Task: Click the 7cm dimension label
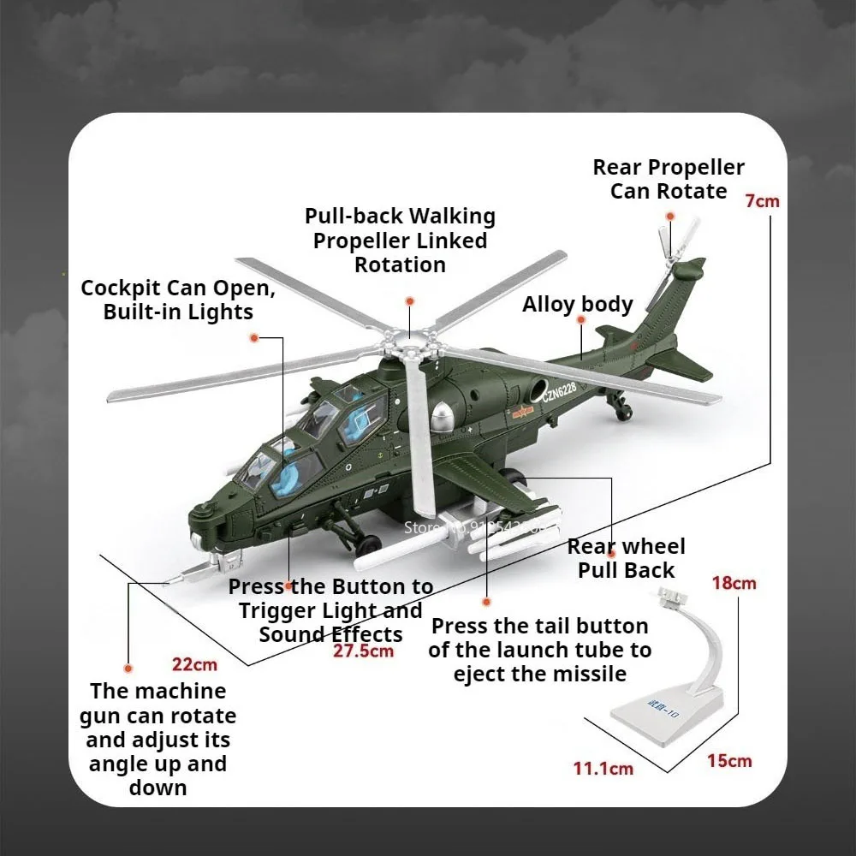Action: pos(762,202)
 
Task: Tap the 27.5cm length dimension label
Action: pos(364,651)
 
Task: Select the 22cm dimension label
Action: pos(194,664)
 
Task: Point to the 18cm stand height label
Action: pos(734,583)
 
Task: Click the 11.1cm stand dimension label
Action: pos(603,768)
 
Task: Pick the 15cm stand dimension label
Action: pos(729,760)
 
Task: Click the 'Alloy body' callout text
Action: pos(578,305)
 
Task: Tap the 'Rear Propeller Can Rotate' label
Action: pos(669,179)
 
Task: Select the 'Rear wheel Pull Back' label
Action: pos(626,558)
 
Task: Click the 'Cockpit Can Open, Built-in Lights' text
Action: pos(178,300)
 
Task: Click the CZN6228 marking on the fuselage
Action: pos(560,391)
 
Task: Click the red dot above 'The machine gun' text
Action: pos(128,667)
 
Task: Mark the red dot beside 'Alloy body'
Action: pos(581,319)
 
